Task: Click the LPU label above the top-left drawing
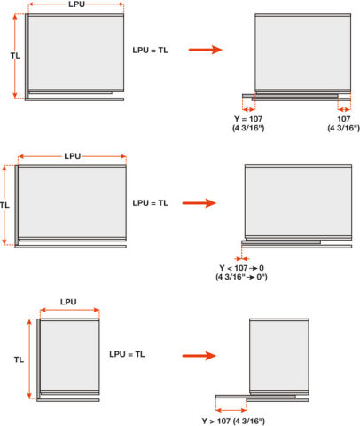pos(76,4)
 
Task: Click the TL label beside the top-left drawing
pos(15,56)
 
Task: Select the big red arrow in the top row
pos(206,50)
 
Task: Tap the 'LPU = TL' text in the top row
pos(151,51)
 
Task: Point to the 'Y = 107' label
pos(248,119)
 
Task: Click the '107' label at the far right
pos(344,119)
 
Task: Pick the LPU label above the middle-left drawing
pos(73,156)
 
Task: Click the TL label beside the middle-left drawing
pos(4,205)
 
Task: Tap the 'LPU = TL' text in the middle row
pos(151,203)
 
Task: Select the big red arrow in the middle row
pos(200,203)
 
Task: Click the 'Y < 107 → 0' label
pos(242,268)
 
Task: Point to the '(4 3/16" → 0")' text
pos(241,277)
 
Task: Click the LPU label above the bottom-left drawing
pos(68,302)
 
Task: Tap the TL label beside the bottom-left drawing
pos(19,359)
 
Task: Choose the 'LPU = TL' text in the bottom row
pos(127,354)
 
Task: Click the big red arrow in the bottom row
pos(200,356)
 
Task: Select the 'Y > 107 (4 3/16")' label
pos(233,421)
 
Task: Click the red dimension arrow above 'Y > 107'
pos(231,410)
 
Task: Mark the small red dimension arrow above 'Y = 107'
pos(248,110)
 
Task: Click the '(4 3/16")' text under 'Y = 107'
pos(248,128)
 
